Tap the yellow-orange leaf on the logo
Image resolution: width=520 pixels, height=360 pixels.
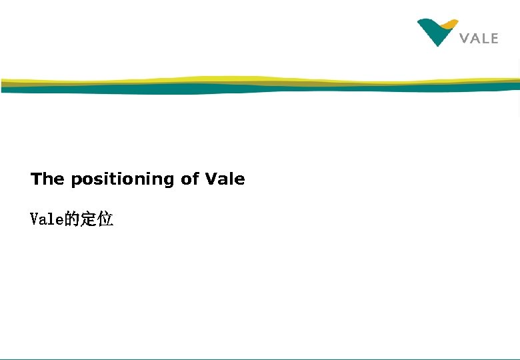pos(449,25)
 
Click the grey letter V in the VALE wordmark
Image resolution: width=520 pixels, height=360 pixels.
pos(465,39)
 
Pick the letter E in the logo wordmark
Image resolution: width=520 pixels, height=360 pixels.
pos(493,39)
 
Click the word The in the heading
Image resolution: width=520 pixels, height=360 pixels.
pos(47,179)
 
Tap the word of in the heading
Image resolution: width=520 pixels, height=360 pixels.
pos(190,179)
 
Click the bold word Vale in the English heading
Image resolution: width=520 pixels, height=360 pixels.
pos(225,179)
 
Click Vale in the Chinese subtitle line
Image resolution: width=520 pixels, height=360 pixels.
pos(47,219)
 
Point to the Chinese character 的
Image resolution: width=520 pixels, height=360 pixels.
pos(72,219)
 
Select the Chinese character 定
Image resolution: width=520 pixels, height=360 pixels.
pos(88,219)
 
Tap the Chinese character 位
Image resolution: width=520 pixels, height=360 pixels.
pos(105,219)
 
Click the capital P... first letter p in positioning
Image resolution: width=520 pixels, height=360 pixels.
pos(75,181)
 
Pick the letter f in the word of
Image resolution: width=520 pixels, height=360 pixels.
pos(195,179)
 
